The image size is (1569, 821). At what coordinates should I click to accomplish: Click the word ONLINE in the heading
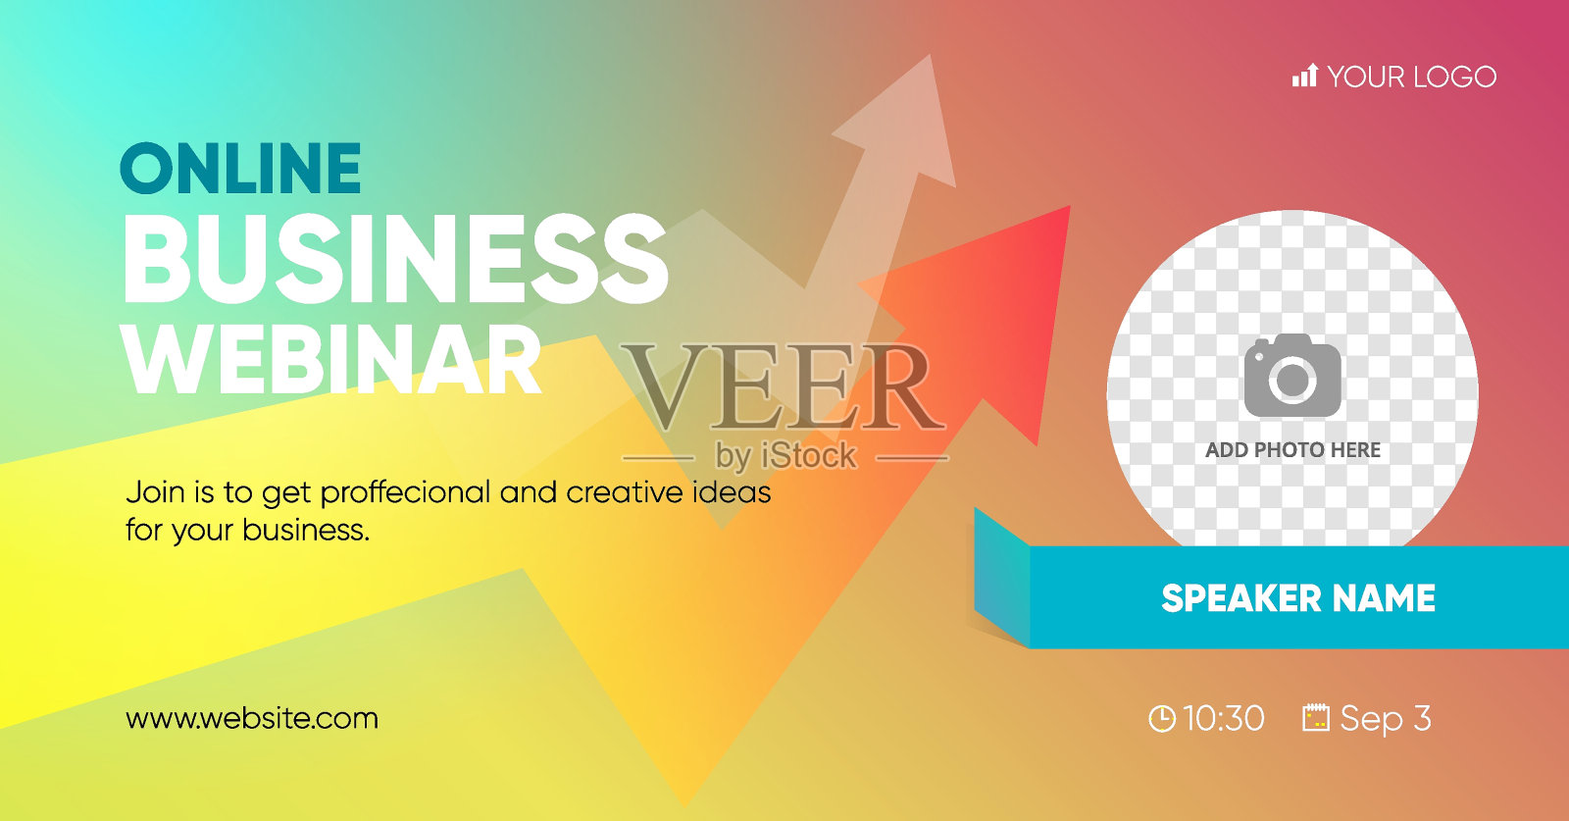240,168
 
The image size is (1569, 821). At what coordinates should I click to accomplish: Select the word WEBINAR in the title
332,360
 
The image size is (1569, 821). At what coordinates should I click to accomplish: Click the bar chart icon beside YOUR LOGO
1305,76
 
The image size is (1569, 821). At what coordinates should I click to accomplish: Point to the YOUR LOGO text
1412,77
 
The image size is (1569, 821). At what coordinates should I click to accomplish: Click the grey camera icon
1292,376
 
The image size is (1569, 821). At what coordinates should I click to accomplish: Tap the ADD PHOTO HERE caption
1293,449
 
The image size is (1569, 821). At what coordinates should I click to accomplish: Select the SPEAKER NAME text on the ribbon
1298,598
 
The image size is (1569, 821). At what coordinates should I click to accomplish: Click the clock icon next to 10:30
1162,719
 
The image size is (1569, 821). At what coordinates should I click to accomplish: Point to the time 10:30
1224,719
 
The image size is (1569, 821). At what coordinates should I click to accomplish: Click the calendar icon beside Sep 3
1315,718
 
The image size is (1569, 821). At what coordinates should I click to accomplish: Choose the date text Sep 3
1386,719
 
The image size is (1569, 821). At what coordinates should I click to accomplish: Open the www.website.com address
252,719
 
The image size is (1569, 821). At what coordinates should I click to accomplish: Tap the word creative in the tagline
624,492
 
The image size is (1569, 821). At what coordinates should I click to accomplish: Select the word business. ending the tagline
306,530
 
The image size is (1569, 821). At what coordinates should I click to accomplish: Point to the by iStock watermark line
785,457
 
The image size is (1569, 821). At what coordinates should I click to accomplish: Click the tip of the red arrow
1070,207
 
